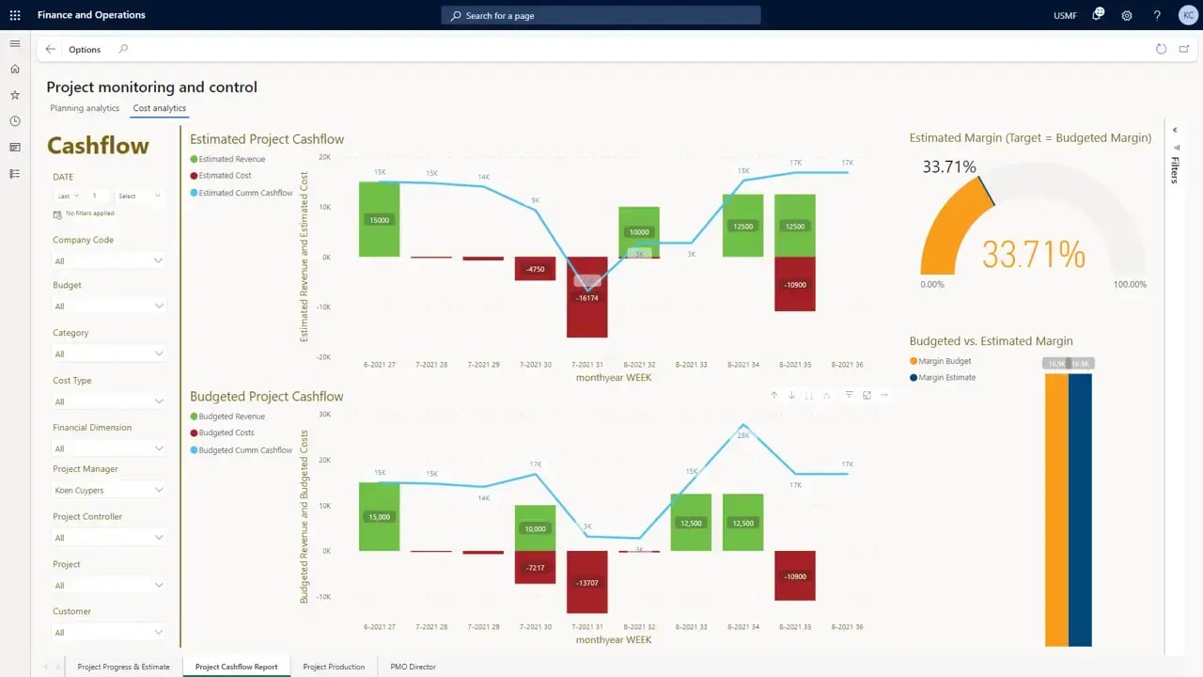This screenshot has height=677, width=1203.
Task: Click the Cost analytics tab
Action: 159,108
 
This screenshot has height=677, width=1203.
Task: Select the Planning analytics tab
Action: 85,108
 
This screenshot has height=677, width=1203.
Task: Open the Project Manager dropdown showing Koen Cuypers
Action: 108,490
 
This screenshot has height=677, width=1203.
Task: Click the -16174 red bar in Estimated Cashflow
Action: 586,310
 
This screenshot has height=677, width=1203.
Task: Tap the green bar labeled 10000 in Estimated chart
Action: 639,231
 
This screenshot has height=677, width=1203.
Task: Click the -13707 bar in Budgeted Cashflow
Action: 586,582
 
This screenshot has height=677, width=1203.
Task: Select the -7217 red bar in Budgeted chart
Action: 535,567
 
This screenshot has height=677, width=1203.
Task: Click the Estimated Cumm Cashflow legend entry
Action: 245,193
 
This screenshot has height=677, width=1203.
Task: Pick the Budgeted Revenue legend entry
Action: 231,417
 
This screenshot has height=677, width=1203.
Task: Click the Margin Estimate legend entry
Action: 946,378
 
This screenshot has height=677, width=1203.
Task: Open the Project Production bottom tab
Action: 334,667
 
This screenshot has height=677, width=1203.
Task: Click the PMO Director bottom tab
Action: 413,667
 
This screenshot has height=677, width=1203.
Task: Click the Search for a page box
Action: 601,16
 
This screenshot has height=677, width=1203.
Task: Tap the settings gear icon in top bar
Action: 1127,16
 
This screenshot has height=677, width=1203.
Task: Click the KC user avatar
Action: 1187,16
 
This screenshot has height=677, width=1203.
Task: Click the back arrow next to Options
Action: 51,50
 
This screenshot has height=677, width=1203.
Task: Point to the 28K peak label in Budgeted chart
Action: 742,435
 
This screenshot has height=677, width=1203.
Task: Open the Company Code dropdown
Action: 108,260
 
